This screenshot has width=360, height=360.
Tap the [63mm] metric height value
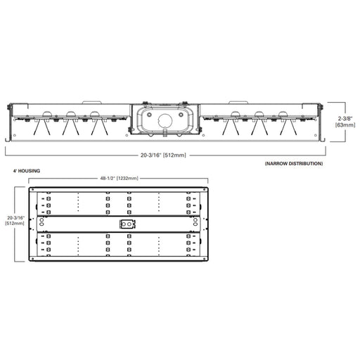(345, 125)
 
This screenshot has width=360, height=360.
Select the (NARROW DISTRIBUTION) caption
(294, 164)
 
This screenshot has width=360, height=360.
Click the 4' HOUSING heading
(27, 171)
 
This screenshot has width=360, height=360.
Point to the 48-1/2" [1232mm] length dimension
(120, 179)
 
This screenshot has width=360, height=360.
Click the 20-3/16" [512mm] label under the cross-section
(163, 155)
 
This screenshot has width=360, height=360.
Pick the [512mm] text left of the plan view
(15, 224)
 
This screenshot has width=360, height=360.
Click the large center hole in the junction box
(165, 120)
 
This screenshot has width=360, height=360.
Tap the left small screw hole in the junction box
(149, 115)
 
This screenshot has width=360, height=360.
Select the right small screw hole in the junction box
(181, 115)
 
